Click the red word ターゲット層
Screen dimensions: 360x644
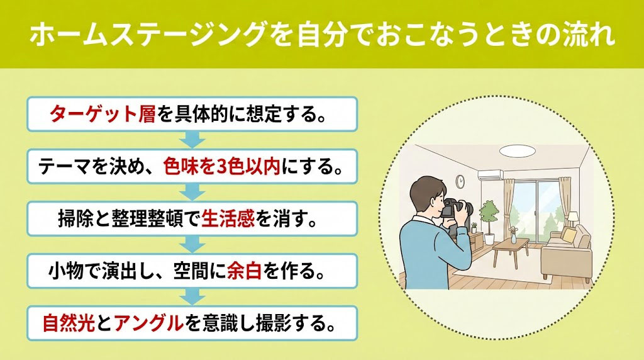(x=102, y=115)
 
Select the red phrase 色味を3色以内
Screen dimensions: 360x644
(x=216, y=167)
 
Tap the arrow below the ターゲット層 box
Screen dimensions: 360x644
(x=192, y=138)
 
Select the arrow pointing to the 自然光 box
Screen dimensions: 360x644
(x=192, y=295)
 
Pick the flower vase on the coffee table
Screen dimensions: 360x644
(x=513, y=237)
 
